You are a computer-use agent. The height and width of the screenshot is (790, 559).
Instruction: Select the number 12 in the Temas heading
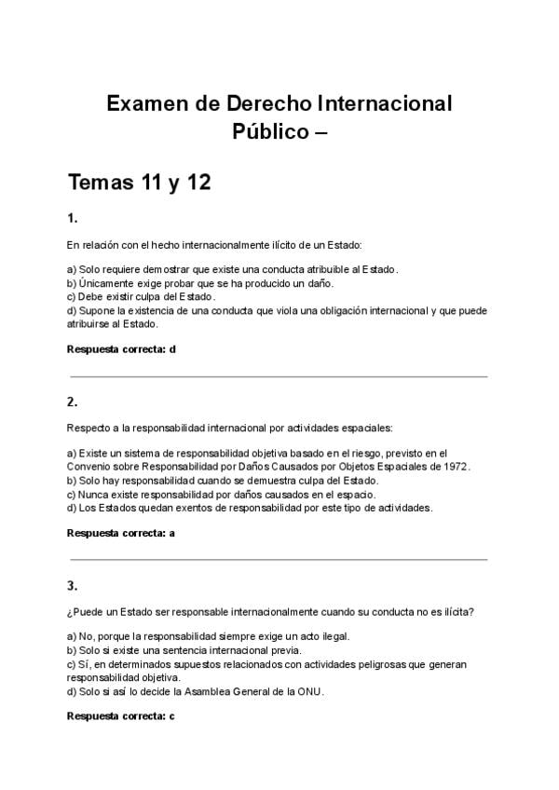tap(198, 182)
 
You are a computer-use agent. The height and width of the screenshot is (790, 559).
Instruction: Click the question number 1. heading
tap(72, 219)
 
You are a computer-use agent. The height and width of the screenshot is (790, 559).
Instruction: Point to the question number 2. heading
tap(72, 402)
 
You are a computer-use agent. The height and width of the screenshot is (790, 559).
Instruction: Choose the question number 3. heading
tap(72, 586)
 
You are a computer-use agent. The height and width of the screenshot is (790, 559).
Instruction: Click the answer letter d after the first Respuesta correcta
tap(172, 349)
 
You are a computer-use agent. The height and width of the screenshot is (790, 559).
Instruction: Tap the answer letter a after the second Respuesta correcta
tap(172, 533)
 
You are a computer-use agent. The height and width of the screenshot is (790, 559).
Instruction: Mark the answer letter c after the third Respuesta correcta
tap(172, 715)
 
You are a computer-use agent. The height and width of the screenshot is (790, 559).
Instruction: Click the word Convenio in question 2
tap(89, 467)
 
